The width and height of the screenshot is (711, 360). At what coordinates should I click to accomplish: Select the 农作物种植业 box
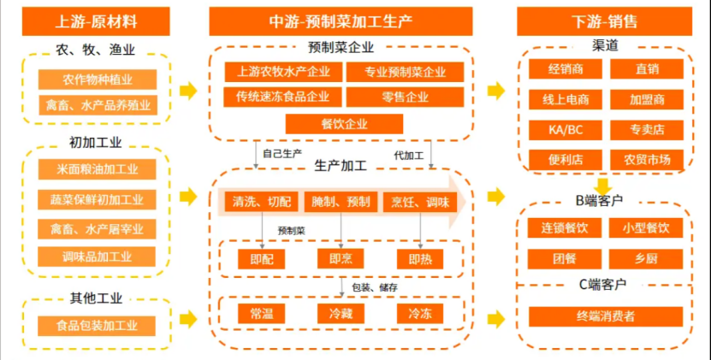97,80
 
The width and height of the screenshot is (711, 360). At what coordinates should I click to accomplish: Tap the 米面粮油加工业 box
97,168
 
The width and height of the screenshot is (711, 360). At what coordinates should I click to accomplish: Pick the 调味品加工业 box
97,256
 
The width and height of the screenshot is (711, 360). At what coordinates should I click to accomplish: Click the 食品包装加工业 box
97,325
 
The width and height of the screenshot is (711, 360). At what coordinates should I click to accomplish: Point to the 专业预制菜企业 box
405,72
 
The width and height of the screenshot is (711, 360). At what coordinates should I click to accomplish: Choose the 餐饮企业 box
344,124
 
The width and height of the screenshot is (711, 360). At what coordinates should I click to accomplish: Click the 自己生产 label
282,154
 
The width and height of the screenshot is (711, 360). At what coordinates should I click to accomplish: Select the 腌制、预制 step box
341,201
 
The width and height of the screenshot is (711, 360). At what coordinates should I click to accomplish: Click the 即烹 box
341,258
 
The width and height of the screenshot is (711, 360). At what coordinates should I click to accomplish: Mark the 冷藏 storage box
341,314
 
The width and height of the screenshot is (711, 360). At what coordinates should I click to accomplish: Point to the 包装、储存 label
375,287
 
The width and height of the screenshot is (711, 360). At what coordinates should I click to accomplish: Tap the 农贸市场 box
647,160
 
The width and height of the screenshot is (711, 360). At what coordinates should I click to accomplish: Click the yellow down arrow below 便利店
604,185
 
